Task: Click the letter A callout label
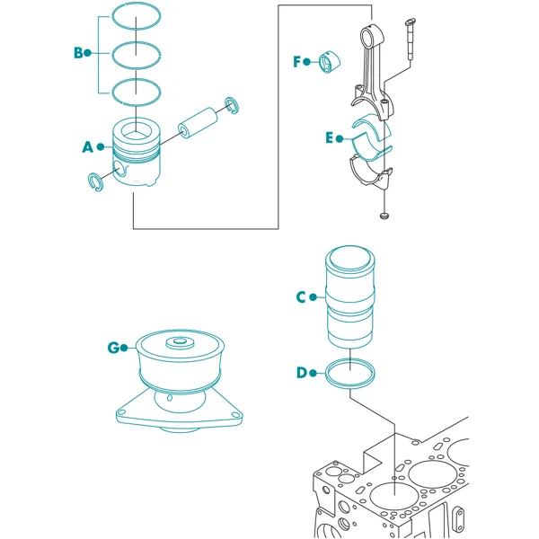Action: (88, 147)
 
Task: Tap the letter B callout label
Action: (78, 53)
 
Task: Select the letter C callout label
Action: (301, 297)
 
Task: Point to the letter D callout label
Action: (302, 373)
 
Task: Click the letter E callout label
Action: (330, 137)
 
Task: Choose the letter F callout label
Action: (297, 62)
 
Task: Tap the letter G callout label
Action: (113, 348)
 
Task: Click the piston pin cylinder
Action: (198, 123)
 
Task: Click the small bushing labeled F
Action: (330, 62)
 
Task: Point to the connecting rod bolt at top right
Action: (411, 39)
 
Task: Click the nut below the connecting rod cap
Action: (384, 216)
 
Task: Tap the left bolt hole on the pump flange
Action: (120, 412)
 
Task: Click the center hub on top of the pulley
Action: (180, 342)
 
